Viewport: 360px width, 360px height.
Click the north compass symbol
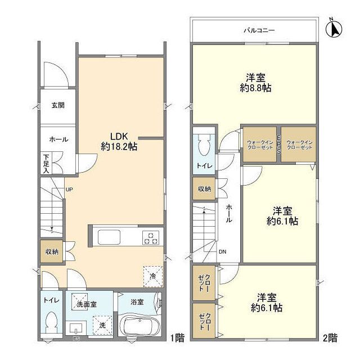pos(334,29)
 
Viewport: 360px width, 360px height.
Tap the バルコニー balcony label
pos(259,30)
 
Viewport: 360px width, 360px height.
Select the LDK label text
pos(119,136)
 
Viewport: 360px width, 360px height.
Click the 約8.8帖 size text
pos(255,88)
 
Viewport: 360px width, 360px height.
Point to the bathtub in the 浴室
pos(138,325)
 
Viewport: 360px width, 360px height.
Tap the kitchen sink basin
pos(109,237)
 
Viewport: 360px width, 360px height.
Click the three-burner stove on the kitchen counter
pos(151,237)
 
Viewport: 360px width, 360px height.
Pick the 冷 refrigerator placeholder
pos(153,276)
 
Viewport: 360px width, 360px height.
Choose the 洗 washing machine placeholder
pos(102,325)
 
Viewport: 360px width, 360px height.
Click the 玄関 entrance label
pos(58,105)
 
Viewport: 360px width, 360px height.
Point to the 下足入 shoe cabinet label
pos(46,164)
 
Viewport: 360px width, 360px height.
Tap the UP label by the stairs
pos(69,190)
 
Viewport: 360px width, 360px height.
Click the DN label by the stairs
pos(223,251)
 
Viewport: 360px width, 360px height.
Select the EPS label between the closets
pos(279,145)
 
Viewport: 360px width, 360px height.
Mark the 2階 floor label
pos(330,337)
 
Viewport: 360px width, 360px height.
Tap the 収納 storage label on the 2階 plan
pos(204,189)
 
